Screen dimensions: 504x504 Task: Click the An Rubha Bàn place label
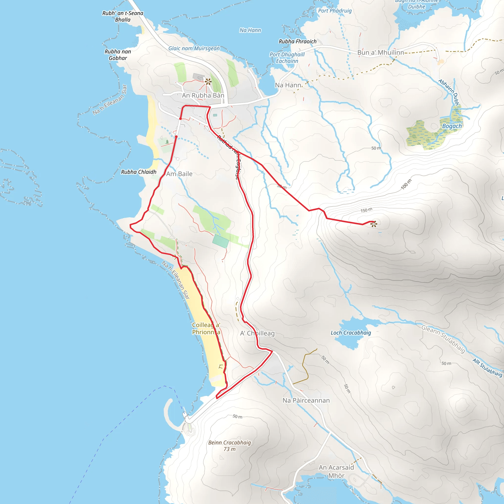click(203, 95)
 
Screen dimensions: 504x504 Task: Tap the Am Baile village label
click(179, 174)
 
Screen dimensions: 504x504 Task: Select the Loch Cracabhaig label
click(351, 333)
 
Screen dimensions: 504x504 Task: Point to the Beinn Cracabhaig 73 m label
click(230, 446)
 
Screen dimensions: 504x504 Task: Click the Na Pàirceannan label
click(306, 400)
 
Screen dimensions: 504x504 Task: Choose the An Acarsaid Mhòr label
click(336, 471)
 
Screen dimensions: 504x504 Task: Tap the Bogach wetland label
click(452, 126)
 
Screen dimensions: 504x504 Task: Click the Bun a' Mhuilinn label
click(381, 53)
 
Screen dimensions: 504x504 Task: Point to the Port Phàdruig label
click(335, 11)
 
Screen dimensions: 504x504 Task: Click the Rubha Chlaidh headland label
click(139, 172)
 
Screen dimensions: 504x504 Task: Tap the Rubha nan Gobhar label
click(118, 55)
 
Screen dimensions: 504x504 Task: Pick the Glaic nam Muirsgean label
click(194, 48)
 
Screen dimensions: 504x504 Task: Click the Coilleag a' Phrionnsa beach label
click(206, 329)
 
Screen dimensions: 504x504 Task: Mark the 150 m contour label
click(366, 210)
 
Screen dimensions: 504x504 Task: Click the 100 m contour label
click(406, 184)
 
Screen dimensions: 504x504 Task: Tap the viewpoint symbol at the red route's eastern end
click(374, 224)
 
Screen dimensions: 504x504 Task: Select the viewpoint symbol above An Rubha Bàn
click(208, 82)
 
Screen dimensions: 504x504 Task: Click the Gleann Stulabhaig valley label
click(443, 339)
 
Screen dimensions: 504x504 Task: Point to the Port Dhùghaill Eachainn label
click(287, 58)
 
